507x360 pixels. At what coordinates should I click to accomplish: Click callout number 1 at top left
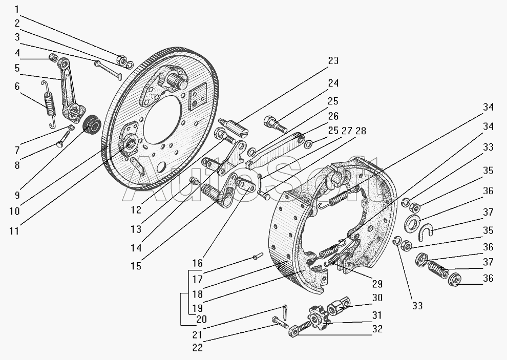click(17, 9)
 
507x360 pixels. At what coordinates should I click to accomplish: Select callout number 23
click(333, 60)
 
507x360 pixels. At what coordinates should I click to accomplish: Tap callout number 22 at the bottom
click(197, 347)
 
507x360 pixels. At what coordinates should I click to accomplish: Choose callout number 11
click(14, 230)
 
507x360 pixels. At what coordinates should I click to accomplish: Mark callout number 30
click(377, 298)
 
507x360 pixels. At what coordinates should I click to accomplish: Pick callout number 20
click(201, 319)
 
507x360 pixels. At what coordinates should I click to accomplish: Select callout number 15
click(136, 266)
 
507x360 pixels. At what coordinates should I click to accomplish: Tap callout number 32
click(377, 329)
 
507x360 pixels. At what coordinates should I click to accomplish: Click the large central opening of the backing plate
click(162, 123)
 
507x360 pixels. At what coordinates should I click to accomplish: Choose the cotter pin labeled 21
click(285, 311)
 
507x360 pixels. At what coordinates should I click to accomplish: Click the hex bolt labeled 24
click(274, 123)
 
